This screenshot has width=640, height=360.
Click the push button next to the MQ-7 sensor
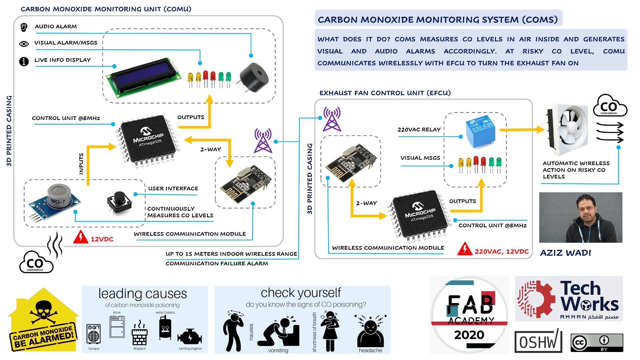pos(119,202)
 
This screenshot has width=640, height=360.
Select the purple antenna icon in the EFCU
pos(332,119)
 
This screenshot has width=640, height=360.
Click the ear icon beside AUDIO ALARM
pos(24,27)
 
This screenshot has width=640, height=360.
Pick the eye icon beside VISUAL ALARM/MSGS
pos(24,44)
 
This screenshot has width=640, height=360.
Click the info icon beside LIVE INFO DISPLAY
pos(24,61)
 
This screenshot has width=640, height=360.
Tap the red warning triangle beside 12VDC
pos(80,237)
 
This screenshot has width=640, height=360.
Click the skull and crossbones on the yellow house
pos(43,312)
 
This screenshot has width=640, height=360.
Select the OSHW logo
pos(538,341)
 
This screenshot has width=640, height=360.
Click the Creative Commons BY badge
pos(597,342)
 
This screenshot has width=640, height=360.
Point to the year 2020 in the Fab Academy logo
pos(469,335)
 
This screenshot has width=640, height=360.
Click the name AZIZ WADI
pos(566,253)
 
